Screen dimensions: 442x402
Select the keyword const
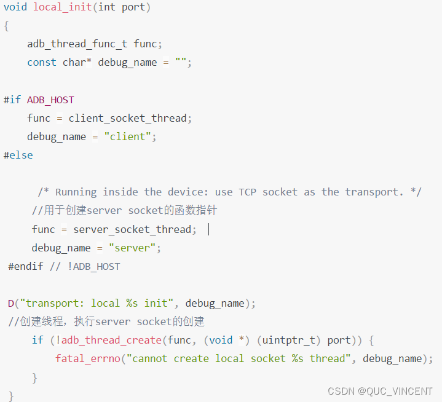(42, 63)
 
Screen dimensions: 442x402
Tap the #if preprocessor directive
(12, 100)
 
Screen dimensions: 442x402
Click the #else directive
(18, 155)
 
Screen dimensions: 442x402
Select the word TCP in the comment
(248, 192)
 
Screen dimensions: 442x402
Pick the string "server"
(135, 248)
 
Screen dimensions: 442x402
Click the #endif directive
(25, 266)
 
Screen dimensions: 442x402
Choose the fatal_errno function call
(88, 358)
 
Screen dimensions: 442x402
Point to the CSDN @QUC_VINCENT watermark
(380, 391)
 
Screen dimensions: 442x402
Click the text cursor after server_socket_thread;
(209, 229)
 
